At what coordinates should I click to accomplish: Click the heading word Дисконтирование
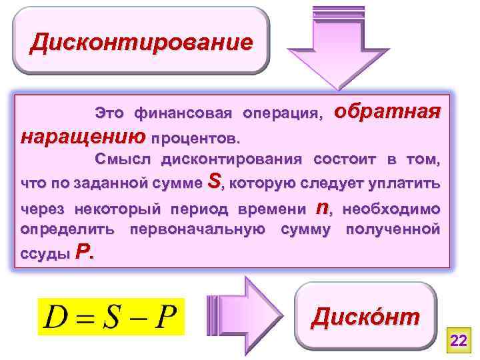[142, 42]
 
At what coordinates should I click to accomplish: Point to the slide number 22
[458, 341]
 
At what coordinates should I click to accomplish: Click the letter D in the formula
[57, 321]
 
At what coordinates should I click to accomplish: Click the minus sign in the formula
[137, 321]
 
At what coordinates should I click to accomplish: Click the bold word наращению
[83, 138]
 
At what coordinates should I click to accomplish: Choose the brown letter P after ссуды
[82, 252]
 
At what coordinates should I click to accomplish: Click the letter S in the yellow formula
[110, 321]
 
